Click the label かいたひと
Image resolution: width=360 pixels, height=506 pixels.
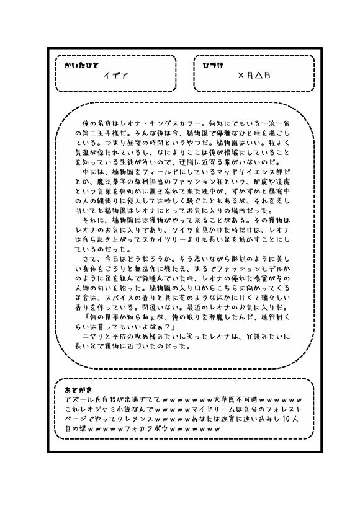[x=81, y=64]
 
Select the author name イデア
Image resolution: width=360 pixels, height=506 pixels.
[x=115, y=76]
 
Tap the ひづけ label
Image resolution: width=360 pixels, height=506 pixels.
[x=213, y=64]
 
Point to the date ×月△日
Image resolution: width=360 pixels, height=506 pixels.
[x=254, y=76]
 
